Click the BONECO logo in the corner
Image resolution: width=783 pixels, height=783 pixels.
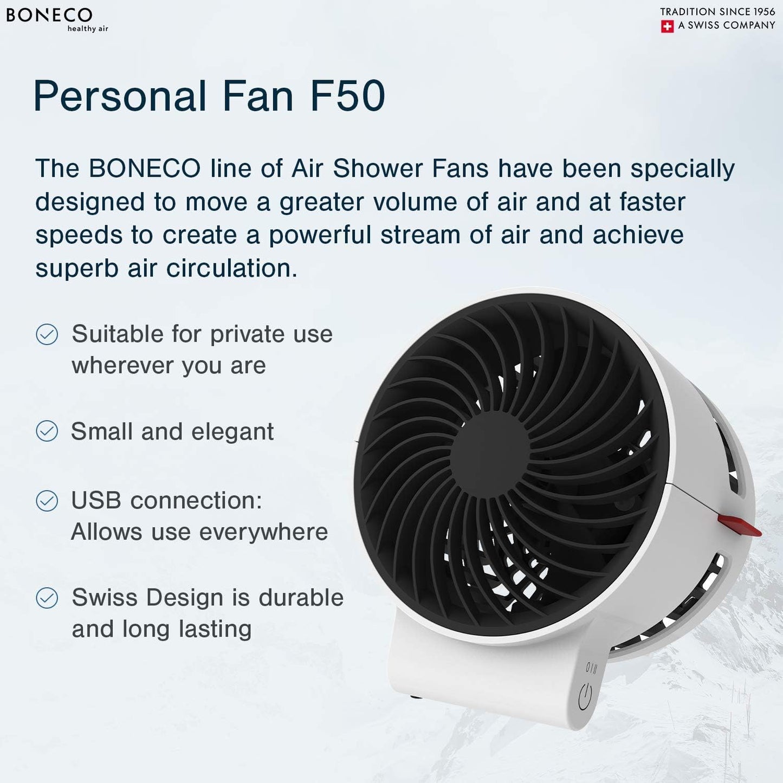point(49,15)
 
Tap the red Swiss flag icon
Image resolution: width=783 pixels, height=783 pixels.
point(667,27)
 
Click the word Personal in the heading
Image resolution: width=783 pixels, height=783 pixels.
point(120,96)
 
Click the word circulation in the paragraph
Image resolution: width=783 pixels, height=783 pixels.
point(231,268)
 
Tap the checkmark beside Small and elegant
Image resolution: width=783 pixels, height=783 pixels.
point(47,431)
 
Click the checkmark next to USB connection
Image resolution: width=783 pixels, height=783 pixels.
point(47,501)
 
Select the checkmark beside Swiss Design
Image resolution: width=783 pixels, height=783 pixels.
point(47,598)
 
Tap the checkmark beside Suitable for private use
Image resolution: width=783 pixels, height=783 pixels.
point(47,334)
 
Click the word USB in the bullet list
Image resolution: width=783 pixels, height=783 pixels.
point(96,501)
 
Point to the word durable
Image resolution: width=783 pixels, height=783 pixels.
point(301,598)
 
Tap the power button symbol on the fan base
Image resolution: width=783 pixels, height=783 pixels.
point(585,697)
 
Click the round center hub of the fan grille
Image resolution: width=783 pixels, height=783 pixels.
point(489,454)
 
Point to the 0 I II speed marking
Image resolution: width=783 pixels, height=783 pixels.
point(591,669)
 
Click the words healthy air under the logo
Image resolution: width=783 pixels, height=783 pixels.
point(87,29)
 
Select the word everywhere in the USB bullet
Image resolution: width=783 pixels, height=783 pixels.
point(274,532)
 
